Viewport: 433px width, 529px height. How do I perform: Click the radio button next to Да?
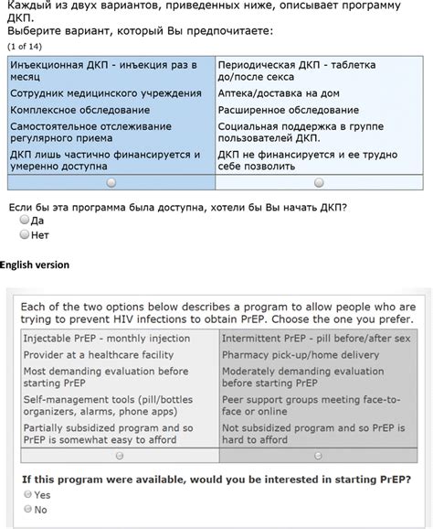click(x=25, y=221)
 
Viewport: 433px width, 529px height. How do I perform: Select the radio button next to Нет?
click(x=25, y=234)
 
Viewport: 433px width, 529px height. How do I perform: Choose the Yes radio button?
click(x=28, y=493)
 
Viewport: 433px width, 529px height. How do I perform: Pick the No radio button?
click(x=28, y=509)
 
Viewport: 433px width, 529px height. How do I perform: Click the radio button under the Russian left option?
click(x=111, y=183)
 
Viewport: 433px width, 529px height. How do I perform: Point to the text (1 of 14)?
click(x=25, y=45)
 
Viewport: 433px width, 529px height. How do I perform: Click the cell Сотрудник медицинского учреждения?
click(x=106, y=93)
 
